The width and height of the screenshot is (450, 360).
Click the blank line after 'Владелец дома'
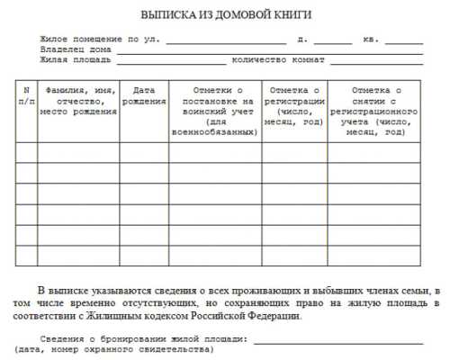tap(270, 50)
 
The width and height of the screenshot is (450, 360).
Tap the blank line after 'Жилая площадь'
tap(170, 61)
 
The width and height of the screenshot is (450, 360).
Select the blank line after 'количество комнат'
tap(375, 61)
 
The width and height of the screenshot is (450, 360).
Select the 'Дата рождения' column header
tap(144, 95)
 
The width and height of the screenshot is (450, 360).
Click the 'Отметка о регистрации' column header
tap(294, 105)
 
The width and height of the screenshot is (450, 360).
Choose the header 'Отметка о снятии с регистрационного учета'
tap(373, 111)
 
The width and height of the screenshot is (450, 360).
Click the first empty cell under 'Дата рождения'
tap(144, 152)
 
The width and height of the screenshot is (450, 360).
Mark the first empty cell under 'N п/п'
tap(26, 152)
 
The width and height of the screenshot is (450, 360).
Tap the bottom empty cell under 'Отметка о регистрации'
tap(294, 256)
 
